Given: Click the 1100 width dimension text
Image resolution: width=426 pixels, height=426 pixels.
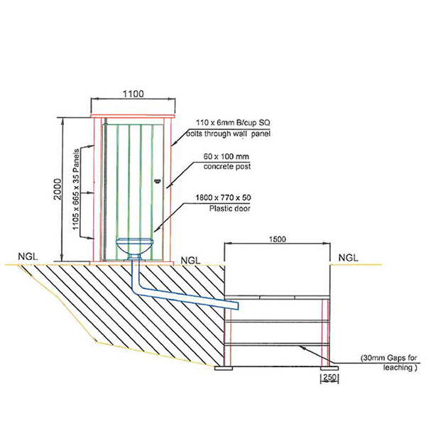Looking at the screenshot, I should click(133, 94).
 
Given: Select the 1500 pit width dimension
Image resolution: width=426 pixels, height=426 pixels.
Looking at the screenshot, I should click(278, 239).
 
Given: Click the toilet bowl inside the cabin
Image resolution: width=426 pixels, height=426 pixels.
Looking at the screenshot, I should click(134, 248).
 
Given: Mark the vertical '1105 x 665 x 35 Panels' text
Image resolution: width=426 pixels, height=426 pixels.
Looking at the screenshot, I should click(77, 191).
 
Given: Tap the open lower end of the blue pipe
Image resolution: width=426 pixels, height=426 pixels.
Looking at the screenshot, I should click(238, 306).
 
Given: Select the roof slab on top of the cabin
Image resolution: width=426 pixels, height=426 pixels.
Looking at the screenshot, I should click(134, 115).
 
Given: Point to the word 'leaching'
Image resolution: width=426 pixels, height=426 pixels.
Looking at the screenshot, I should click(398, 368).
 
